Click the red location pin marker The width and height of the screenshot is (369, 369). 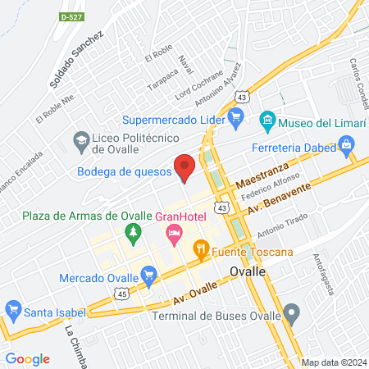pyautogui.click(x=184, y=166)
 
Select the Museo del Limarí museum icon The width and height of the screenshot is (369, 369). pyautogui.click(x=266, y=122)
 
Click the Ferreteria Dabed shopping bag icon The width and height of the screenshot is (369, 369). pyautogui.click(x=346, y=148)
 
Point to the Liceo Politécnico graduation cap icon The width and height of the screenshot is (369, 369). pyautogui.click(x=81, y=140)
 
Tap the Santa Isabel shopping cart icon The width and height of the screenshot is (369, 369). pyautogui.click(x=12, y=311)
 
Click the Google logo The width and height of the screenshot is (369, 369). pyautogui.click(x=27, y=358)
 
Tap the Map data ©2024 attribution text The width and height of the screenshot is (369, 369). pyautogui.click(x=333, y=362)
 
